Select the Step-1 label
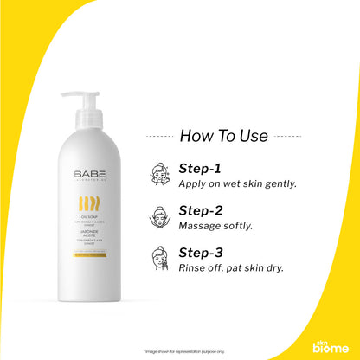coord(200,169)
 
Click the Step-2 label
coord(201,210)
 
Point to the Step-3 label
coord(201,252)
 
